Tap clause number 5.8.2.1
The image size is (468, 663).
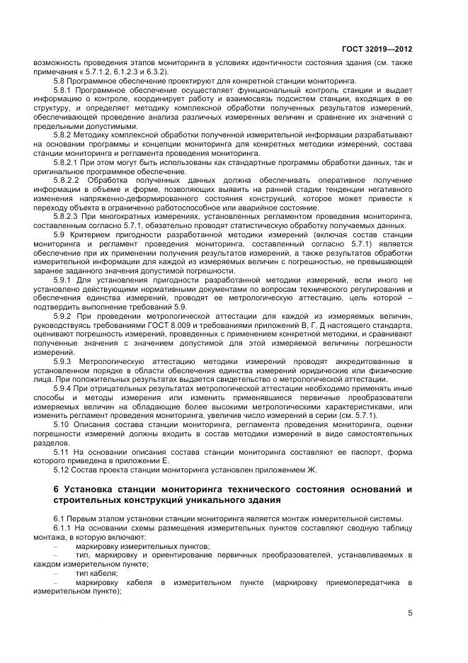tap(66, 161)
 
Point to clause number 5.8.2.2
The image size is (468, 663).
tap(66, 180)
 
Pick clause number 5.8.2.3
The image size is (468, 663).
tap(66, 216)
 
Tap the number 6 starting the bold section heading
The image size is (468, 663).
tap(57, 489)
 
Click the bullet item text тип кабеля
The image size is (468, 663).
tap(97, 573)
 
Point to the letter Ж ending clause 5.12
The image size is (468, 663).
tap(313, 469)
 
